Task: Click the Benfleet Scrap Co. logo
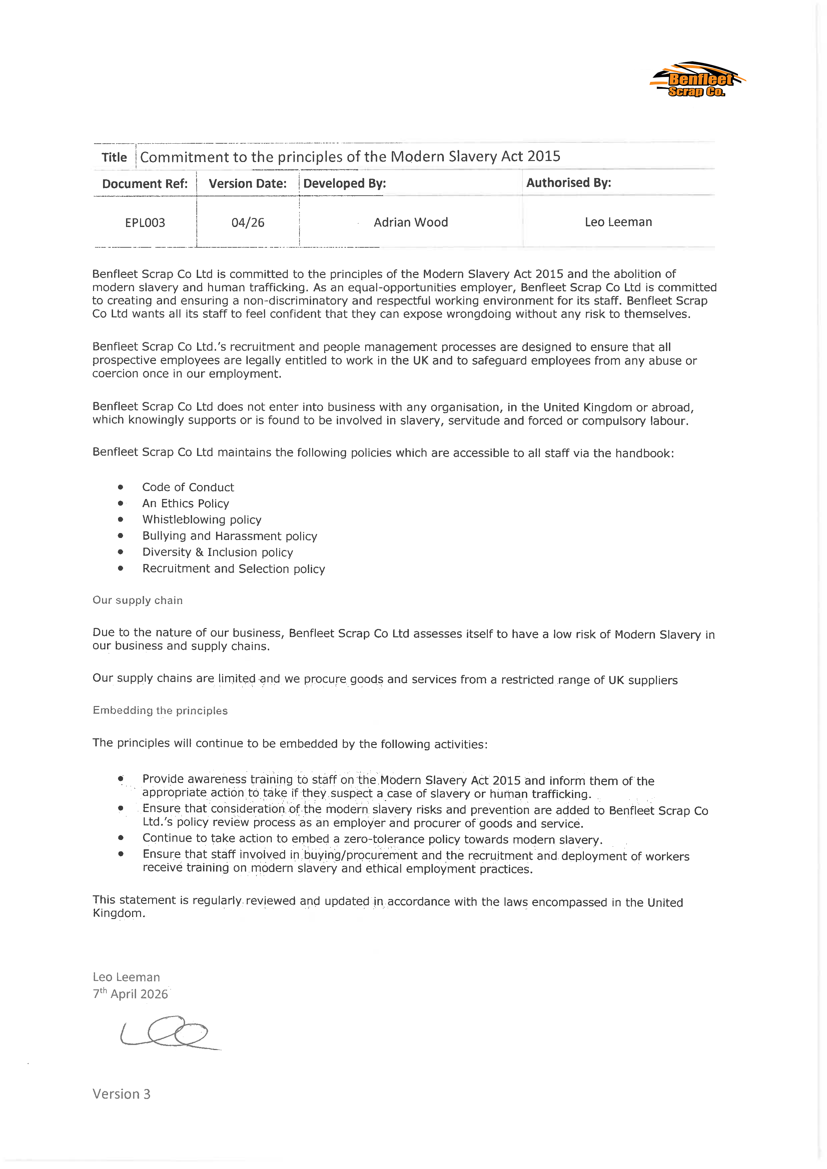click(697, 80)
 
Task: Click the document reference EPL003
click(145, 222)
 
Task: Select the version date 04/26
click(248, 222)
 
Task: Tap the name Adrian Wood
click(410, 222)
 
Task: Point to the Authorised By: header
click(568, 183)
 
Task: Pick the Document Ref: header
click(145, 184)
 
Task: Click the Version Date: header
click(247, 184)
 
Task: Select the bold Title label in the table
click(114, 157)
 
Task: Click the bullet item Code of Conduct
click(188, 487)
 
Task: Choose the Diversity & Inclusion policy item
click(217, 552)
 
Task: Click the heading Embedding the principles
click(160, 710)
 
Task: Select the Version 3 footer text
click(121, 1094)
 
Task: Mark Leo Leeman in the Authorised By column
click(618, 222)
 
